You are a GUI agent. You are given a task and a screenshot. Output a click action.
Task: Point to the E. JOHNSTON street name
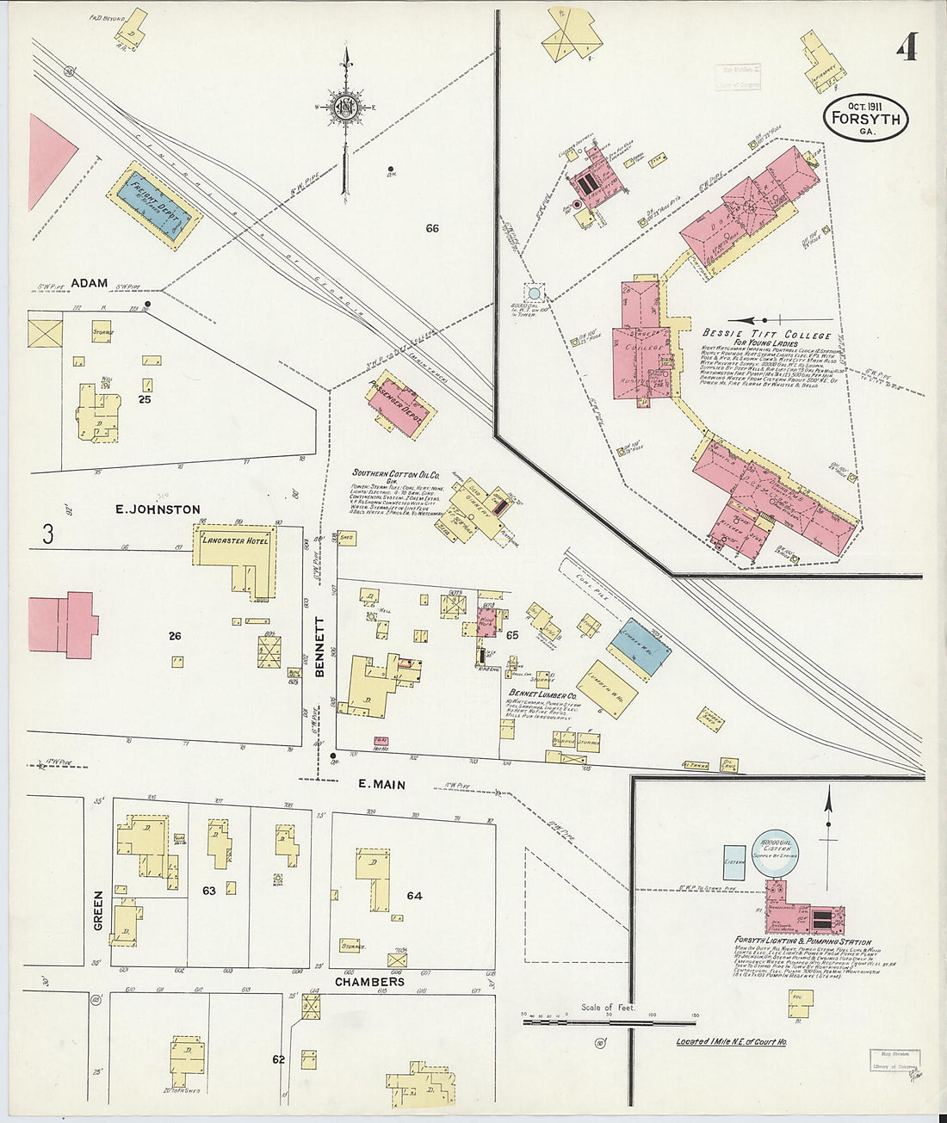[x=158, y=509]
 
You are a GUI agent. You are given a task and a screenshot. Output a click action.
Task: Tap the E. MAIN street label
[x=381, y=784]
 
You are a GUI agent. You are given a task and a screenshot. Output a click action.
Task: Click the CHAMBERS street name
[x=368, y=981]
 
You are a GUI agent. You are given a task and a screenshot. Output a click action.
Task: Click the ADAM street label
[x=89, y=282]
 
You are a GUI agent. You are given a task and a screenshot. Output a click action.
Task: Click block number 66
[x=431, y=228]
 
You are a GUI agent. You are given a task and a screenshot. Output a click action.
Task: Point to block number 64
[x=414, y=895]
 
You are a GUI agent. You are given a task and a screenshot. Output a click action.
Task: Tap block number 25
[x=150, y=398]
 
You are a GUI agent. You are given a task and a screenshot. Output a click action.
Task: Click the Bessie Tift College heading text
[x=766, y=335]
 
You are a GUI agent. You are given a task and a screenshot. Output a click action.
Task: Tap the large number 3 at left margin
[x=48, y=534]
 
